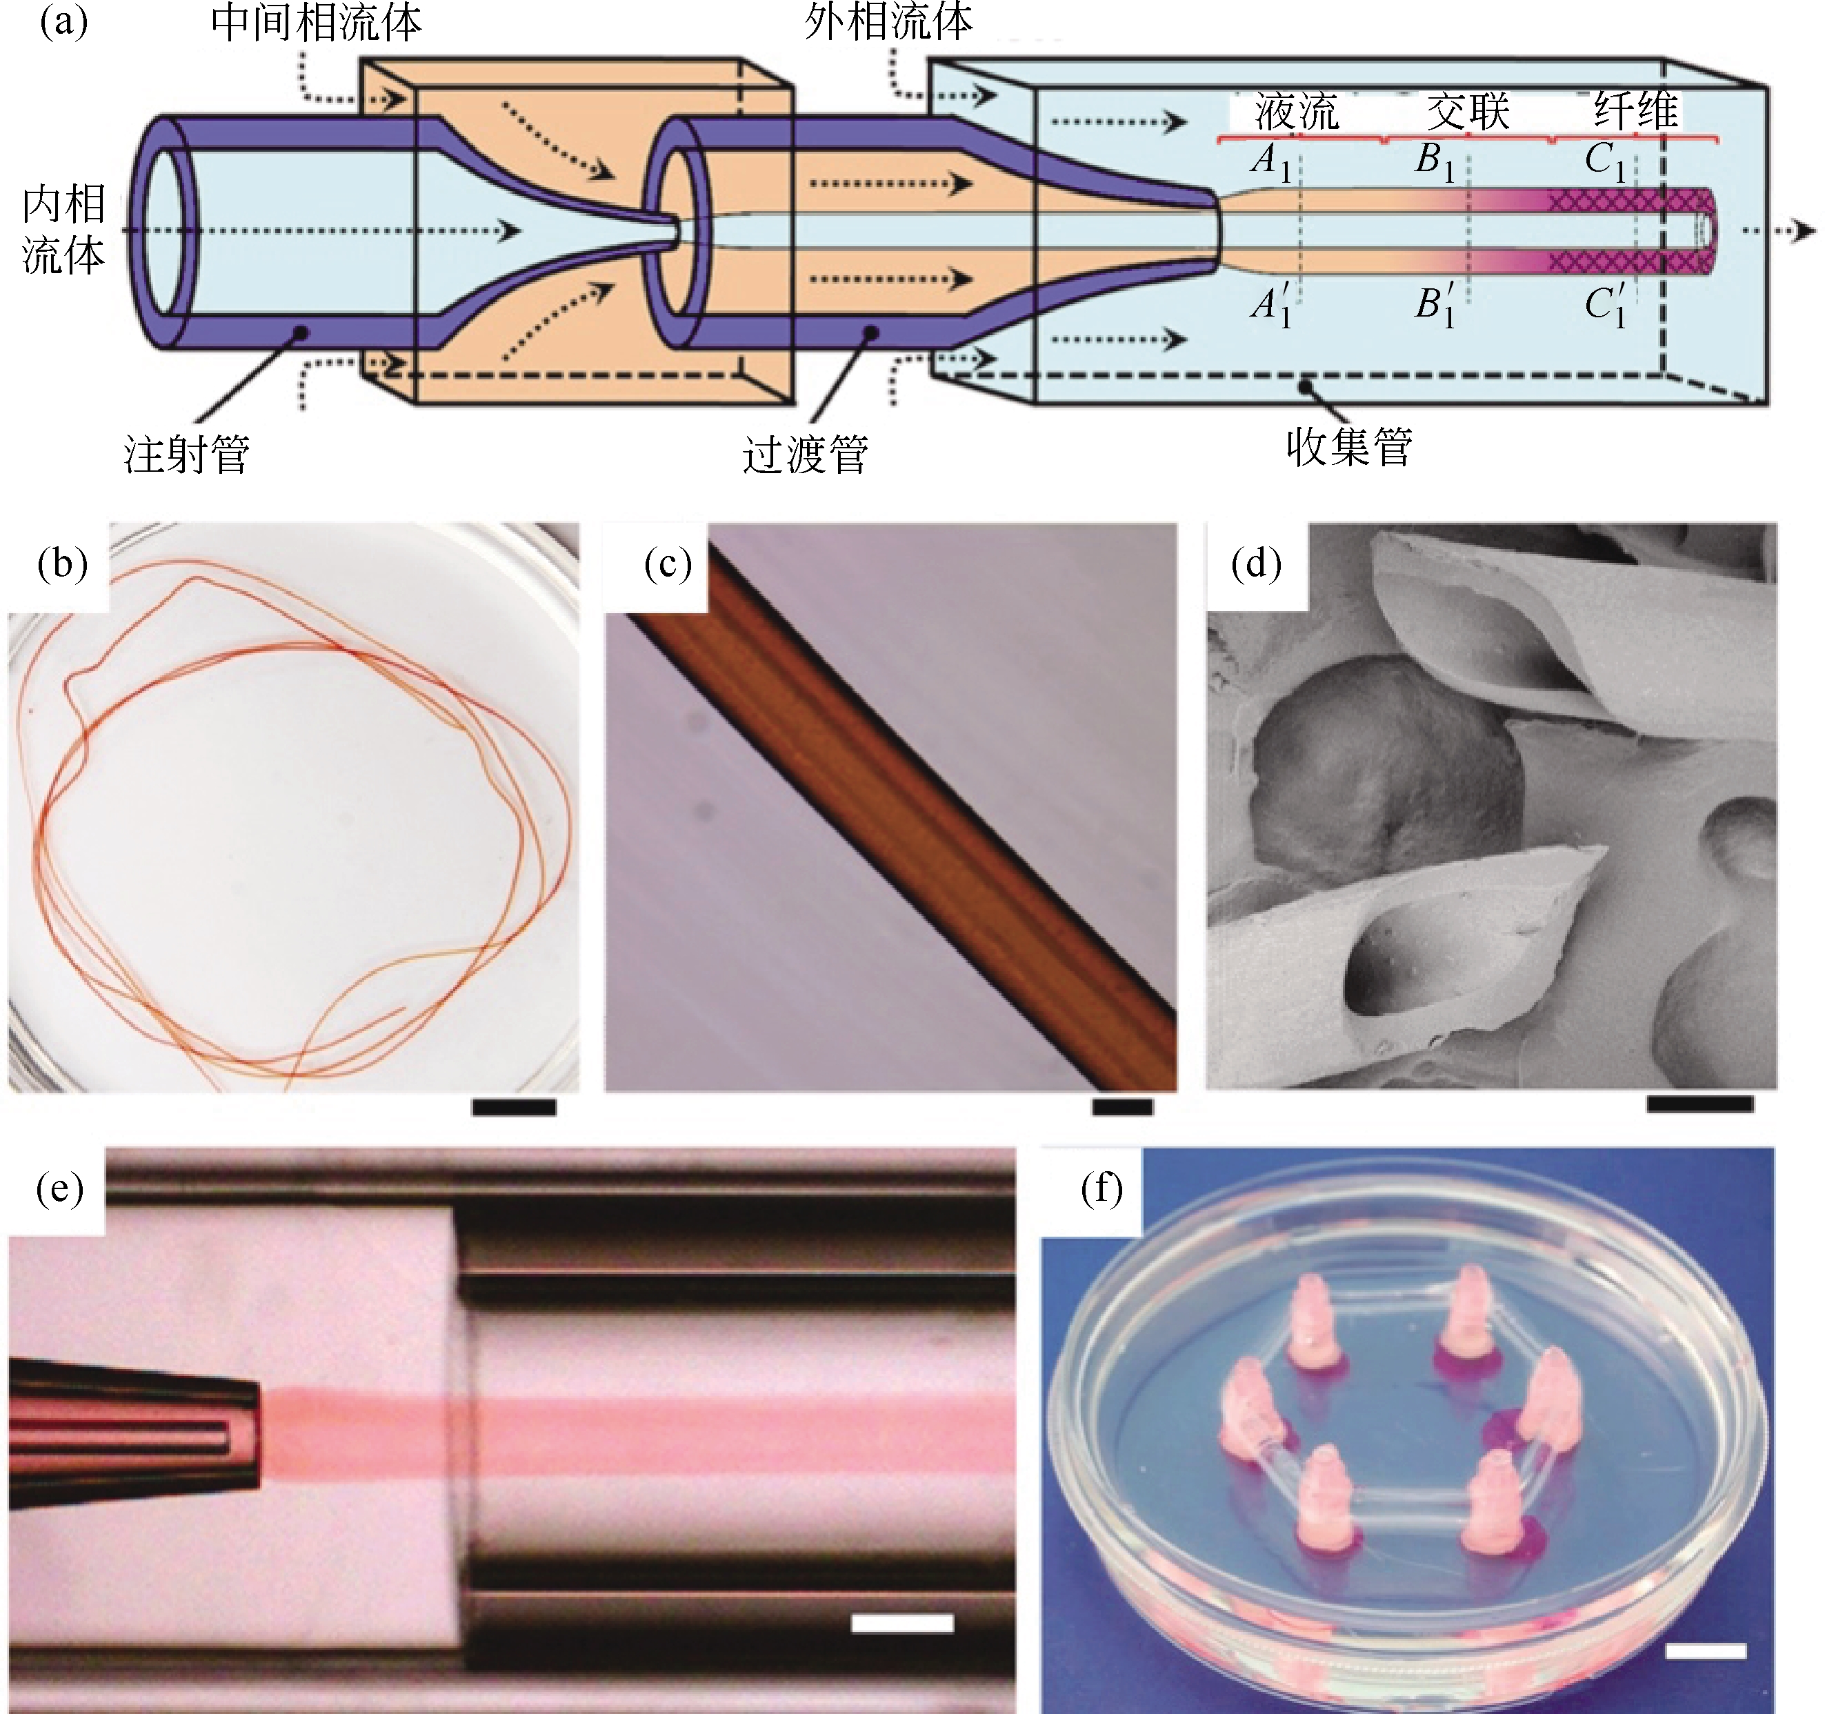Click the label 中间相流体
pos(316,24)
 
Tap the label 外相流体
pos(888,22)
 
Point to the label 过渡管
pos(805,455)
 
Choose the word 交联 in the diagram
pos(1468,112)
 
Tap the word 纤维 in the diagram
pos(1636,112)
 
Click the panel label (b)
pos(63,564)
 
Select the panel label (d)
pos(1256,564)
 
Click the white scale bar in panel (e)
pos(901,1623)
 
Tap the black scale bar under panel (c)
pos(1121,1107)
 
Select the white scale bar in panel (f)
pos(1706,1651)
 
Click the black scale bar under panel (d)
pos(1699,1104)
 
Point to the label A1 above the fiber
pos(1271,161)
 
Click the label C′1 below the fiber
pos(1606,305)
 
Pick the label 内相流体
pos(63,230)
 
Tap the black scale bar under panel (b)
pos(514,1107)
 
